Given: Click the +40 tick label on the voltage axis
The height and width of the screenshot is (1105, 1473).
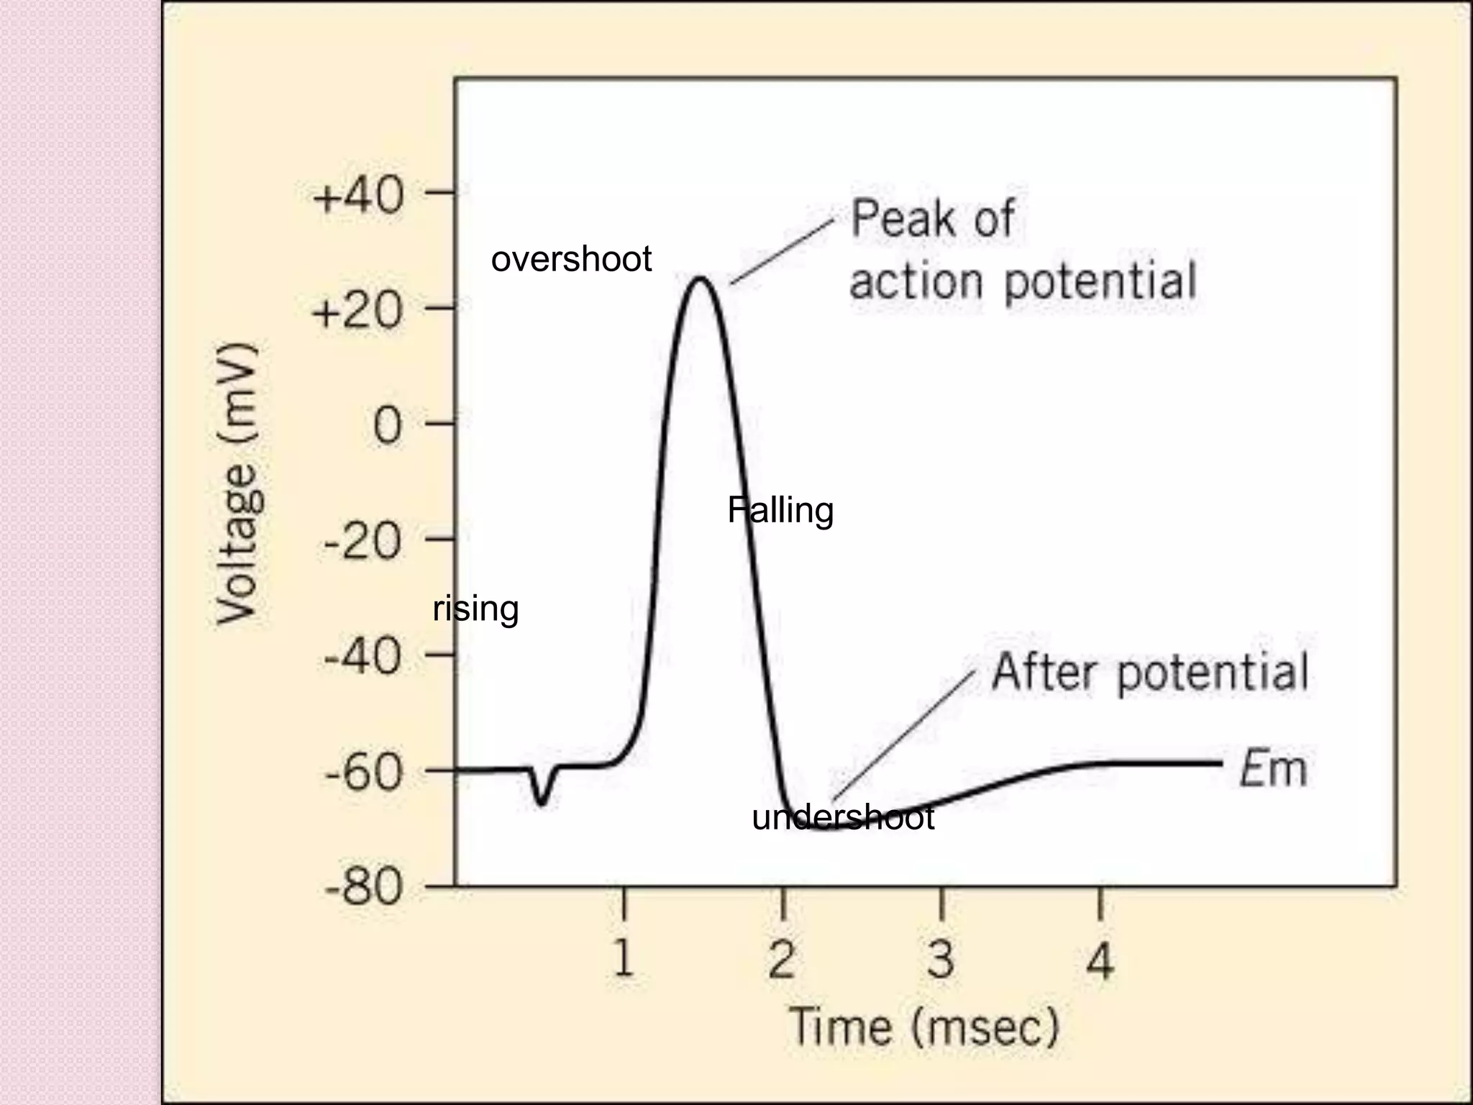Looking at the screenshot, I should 357,196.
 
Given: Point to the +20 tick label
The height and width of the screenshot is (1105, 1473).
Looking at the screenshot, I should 357,312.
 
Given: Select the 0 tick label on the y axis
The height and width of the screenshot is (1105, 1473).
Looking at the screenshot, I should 388,426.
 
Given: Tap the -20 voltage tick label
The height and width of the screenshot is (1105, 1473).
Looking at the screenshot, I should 362,541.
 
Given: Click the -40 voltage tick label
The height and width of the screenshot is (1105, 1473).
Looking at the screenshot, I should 362,656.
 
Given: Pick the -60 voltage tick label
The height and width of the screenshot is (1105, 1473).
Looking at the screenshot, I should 362,773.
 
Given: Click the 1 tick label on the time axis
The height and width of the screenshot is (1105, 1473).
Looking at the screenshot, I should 624,959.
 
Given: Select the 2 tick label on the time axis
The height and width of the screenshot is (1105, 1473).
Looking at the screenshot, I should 782,959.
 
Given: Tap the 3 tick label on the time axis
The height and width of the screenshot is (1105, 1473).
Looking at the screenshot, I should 941,959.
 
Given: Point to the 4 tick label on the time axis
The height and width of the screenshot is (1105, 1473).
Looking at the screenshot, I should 1100,959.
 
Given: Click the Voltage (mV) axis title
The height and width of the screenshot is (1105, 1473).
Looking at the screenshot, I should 237,483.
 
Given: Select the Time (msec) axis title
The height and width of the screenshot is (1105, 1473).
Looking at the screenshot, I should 924,1027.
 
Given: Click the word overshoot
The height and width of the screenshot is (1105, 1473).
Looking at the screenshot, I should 571,259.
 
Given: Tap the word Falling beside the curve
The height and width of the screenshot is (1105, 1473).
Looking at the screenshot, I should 780,511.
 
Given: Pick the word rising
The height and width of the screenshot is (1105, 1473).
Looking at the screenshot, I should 475,609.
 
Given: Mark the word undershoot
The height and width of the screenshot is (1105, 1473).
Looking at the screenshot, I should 843,818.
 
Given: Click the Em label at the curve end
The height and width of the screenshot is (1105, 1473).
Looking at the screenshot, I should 1272,768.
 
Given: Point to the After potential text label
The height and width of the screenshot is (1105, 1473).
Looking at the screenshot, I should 1149,673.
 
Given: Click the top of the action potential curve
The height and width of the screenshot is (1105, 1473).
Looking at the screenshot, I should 700,278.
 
